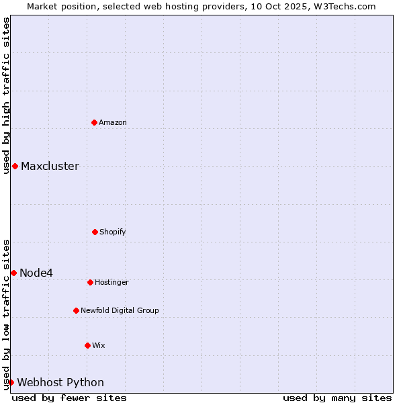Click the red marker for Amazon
pyautogui.click(x=94, y=122)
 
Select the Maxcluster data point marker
pyautogui.click(x=15, y=166)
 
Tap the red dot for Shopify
pyautogui.click(x=95, y=232)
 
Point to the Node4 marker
pyautogui.click(x=13, y=273)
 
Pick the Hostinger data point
pyautogui.click(x=90, y=282)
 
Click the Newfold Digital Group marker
pyautogui.click(x=76, y=310)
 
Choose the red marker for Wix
pyautogui.click(x=87, y=345)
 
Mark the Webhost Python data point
pyautogui.click(x=11, y=382)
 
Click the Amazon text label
pyautogui.click(x=113, y=122)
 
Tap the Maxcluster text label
pyautogui.click(x=50, y=166)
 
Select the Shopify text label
pyautogui.click(x=113, y=232)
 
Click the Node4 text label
pyautogui.click(x=36, y=273)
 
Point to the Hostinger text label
pyautogui.click(x=111, y=282)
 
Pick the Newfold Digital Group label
pyautogui.click(x=120, y=310)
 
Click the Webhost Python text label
pyautogui.click(x=60, y=382)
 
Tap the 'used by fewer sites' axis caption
pyautogui.click(x=69, y=398)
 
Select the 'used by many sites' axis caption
pyautogui.click(x=337, y=398)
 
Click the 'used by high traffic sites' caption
pyautogui.click(x=6, y=95)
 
